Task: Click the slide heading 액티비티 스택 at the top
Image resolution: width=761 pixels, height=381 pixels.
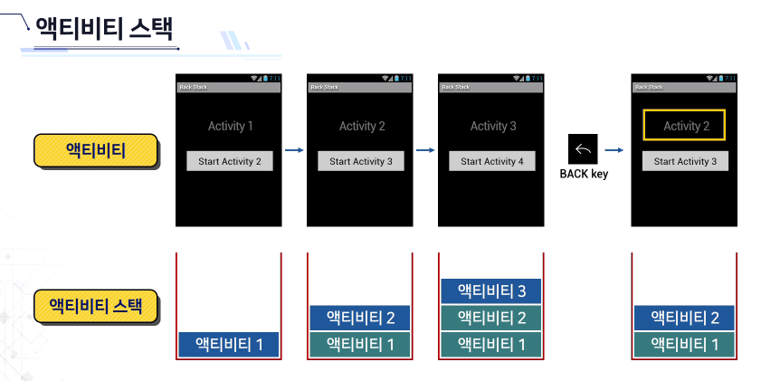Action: pos(103,28)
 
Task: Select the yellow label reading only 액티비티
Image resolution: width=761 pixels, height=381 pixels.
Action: pos(96,151)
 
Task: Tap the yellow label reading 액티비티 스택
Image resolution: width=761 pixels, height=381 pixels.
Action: pos(96,305)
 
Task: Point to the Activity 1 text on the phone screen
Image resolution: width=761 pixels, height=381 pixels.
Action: pos(230,126)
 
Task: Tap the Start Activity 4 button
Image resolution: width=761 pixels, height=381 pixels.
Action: pos(491,161)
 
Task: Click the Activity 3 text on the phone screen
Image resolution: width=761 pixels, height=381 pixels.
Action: pos(492,126)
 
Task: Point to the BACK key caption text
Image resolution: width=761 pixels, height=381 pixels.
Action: pos(584,175)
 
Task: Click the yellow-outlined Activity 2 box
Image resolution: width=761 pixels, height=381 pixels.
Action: pos(683,126)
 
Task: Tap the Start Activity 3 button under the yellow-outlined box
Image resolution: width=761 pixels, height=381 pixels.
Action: pos(685,161)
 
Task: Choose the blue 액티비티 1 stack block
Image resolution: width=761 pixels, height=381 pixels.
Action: pos(228,344)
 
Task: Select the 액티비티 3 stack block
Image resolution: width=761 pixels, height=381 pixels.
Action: pos(491,291)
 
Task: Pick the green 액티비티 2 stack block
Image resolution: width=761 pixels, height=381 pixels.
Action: pos(491,317)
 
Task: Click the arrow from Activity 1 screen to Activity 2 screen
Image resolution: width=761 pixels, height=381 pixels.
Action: pos(293,150)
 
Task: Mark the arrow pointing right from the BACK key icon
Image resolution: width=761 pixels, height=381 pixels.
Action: pos(614,150)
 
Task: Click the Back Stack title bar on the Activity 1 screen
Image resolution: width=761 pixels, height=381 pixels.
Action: pos(228,87)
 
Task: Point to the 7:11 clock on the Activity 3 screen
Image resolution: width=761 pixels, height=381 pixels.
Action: pos(537,79)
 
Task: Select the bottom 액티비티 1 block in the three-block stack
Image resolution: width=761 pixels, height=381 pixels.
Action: pos(491,344)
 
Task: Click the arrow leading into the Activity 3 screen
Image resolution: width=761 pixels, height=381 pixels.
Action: pos(424,150)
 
